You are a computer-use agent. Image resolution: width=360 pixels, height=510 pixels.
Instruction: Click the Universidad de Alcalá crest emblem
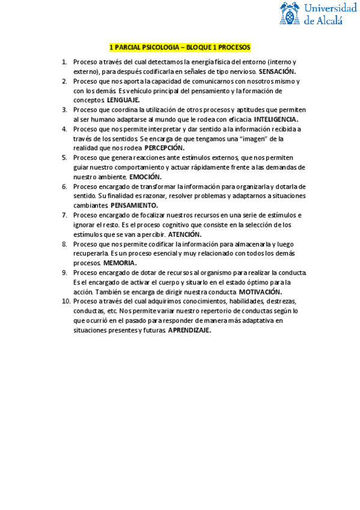(290, 14)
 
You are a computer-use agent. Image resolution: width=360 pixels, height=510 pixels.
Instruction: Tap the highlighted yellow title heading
(180, 47)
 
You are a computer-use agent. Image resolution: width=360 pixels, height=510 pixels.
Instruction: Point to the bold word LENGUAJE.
(123, 100)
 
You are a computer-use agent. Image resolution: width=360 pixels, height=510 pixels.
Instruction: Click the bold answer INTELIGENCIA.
(272, 119)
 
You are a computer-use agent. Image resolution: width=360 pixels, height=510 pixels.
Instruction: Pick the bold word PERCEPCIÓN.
(165, 148)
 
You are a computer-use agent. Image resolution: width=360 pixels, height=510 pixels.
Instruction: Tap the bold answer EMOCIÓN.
(145, 177)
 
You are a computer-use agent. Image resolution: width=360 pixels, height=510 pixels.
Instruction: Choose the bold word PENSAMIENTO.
(134, 205)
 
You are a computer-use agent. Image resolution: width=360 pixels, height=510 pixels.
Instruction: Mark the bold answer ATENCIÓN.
(185, 234)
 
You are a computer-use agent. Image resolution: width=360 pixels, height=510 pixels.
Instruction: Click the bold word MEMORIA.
(120, 263)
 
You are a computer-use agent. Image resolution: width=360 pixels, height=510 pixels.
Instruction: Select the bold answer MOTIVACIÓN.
(256, 292)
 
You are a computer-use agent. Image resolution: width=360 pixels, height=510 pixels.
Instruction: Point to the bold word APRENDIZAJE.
(189, 330)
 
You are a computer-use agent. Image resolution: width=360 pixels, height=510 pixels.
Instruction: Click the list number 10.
(66, 301)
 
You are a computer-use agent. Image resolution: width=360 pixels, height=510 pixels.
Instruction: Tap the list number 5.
(64, 158)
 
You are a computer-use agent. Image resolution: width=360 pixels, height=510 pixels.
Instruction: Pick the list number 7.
(64, 215)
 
